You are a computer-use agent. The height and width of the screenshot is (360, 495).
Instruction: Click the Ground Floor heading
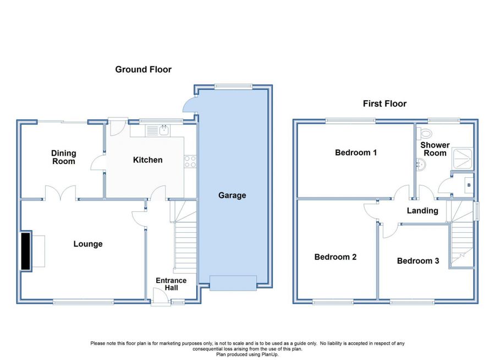144,69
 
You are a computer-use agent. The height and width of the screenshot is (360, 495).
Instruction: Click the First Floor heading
384,103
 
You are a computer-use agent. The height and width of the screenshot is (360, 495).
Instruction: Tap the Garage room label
232,195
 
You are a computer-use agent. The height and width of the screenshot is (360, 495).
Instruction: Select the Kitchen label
148,160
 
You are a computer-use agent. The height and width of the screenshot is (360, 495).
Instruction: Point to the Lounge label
88,244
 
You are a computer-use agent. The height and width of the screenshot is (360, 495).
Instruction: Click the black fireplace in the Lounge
25,251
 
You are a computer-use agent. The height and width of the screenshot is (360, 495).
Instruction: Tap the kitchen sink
157,130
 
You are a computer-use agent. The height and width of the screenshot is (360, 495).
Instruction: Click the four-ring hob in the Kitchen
190,161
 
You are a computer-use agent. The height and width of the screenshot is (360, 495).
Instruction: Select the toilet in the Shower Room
424,134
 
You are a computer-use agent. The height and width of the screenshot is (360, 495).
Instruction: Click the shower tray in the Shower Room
463,159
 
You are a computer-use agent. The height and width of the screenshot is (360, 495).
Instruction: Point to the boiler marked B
469,185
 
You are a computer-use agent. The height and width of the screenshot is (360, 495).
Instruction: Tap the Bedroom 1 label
356,152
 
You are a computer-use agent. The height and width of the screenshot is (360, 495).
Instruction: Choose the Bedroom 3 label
418,261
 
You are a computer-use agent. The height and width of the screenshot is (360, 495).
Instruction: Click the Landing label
422,211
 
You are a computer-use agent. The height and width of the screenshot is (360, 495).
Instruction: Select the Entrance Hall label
171,284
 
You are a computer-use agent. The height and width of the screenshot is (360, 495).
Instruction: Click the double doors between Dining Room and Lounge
61,193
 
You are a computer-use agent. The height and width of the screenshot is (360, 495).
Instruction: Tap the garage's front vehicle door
233,283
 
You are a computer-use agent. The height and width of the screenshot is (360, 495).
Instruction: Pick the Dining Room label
63,157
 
